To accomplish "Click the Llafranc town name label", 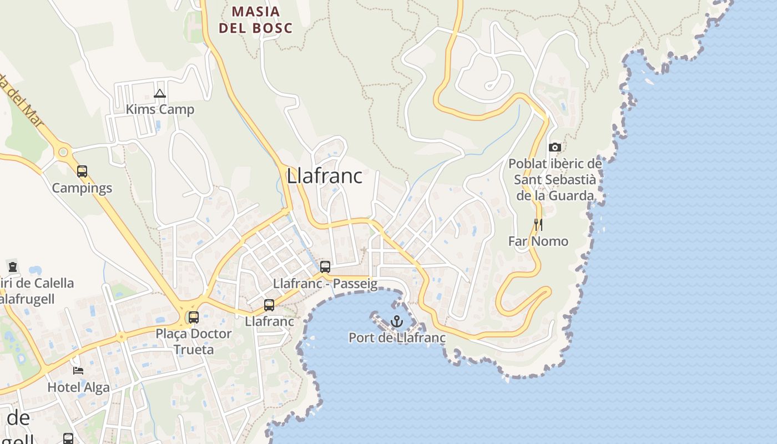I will tap(324, 176).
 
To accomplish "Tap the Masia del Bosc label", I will tap(255, 19).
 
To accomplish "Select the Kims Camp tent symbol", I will tap(160, 93).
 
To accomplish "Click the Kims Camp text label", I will tap(160, 109).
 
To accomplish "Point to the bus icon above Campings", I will tap(82, 171).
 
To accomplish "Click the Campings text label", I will tap(82, 188).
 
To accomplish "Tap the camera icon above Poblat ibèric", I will tap(554, 147).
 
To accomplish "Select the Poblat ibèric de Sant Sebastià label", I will tap(555, 179).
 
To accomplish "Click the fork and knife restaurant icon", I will tap(538, 224).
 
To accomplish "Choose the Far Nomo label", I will tap(538, 241).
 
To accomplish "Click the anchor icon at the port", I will tap(396, 321).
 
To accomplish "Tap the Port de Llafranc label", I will tap(397, 337).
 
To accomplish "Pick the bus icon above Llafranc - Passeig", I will tap(325, 266).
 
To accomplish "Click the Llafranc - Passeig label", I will tap(325, 284).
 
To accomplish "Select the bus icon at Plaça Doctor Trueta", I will tap(194, 317).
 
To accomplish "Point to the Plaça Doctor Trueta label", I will tap(193, 341).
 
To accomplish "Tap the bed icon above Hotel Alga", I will tap(78, 371).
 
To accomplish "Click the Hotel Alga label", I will tap(78, 387).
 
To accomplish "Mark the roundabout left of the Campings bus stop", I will tap(63, 151).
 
